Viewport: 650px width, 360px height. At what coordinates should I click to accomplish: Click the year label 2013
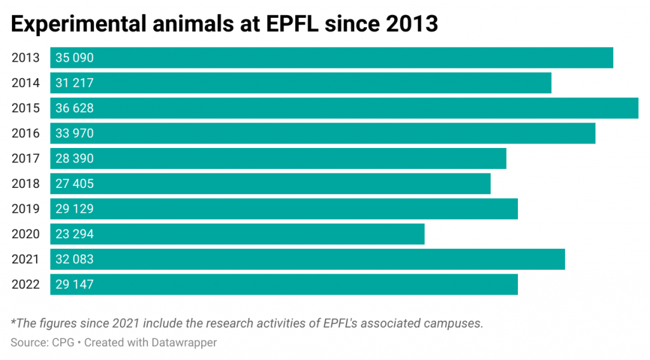click(25, 58)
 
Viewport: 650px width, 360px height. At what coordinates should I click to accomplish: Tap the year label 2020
click(25, 234)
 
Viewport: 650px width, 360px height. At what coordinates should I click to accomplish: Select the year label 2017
click(25, 159)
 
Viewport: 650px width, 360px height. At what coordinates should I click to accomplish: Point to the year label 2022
click(25, 284)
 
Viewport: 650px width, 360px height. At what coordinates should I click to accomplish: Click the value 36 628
click(74, 109)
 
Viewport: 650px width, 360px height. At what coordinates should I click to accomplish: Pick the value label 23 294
click(74, 234)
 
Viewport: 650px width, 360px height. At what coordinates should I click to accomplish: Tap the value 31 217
click(74, 83)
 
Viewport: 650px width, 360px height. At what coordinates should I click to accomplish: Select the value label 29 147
click(74, 284)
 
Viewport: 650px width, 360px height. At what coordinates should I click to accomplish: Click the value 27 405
click(74, 184)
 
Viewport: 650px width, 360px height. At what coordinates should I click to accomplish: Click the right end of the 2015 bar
click(637, 109)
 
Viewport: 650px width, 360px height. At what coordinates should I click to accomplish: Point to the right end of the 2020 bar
click(423, 234)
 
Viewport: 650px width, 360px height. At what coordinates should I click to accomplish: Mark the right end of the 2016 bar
click(594, 133)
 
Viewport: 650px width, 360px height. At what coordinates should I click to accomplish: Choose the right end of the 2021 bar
click(564, 260)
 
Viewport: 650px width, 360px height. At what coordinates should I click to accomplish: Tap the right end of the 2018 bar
click(489, 184)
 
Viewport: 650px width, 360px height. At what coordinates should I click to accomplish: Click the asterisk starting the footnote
click(13, 321)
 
